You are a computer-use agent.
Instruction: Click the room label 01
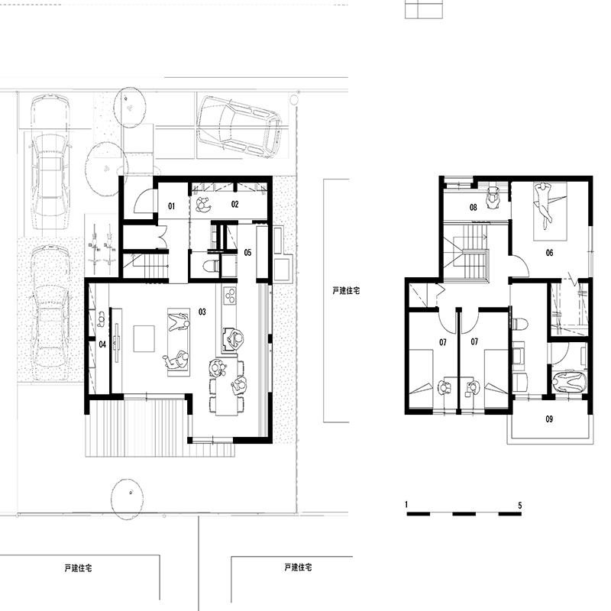[x=171, y=205]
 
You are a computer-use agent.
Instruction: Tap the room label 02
[x=234, y=204]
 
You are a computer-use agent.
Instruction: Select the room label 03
[x=202, y=312]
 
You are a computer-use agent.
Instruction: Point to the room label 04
[x=102, y=344]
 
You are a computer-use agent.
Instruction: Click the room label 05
[x=247, y=253]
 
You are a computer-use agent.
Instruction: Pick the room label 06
[x=549, y=253]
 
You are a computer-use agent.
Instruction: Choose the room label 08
[x=473, y=207]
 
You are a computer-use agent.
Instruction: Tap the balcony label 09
[x=549, y=419]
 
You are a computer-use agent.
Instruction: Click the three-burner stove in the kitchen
[x=230, y=295]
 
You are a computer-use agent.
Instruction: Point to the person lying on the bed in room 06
[x=543, y=205]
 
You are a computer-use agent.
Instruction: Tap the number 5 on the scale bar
[x=520, y=506]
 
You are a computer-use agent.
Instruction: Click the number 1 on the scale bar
[x=406, y=505]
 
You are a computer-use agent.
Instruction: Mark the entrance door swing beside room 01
[x=144, y=202]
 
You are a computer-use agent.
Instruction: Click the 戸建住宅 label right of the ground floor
[x=346, y=291]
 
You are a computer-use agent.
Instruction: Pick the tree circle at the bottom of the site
[x=127, y=499]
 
